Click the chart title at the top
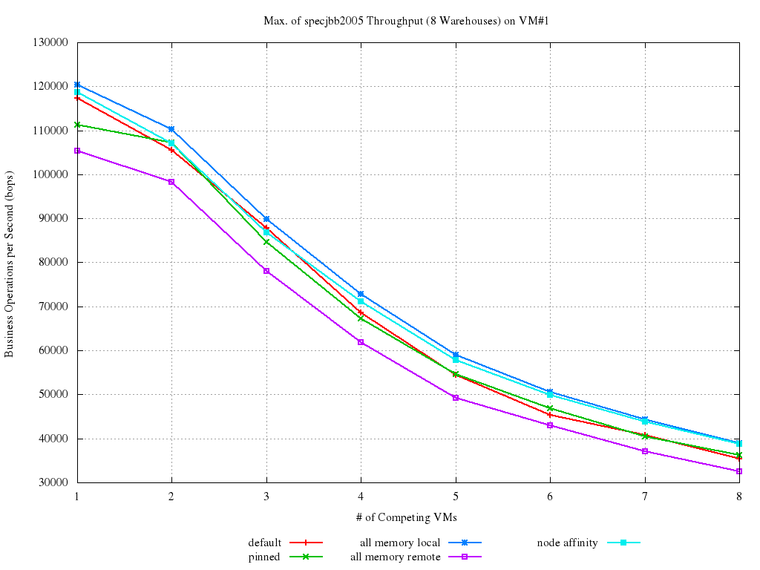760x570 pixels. (405, 21)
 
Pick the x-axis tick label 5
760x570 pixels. (455, 496)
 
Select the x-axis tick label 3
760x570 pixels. (266, 496)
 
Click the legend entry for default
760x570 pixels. (265, 543)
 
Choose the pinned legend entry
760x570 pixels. (264, 557)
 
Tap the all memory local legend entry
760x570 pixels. (400, 543)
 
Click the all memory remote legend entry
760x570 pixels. (396, 557)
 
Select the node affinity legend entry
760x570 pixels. (567, 543)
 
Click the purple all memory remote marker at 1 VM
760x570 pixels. (77, 151)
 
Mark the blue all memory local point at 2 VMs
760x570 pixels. (171, 129)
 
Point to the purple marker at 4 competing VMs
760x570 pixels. (361, 342)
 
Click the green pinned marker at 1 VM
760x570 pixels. (77, 125)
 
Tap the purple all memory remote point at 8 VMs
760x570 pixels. (738, 471)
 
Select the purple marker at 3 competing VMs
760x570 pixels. (266, 271)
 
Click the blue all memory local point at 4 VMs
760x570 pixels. (361, 294)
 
